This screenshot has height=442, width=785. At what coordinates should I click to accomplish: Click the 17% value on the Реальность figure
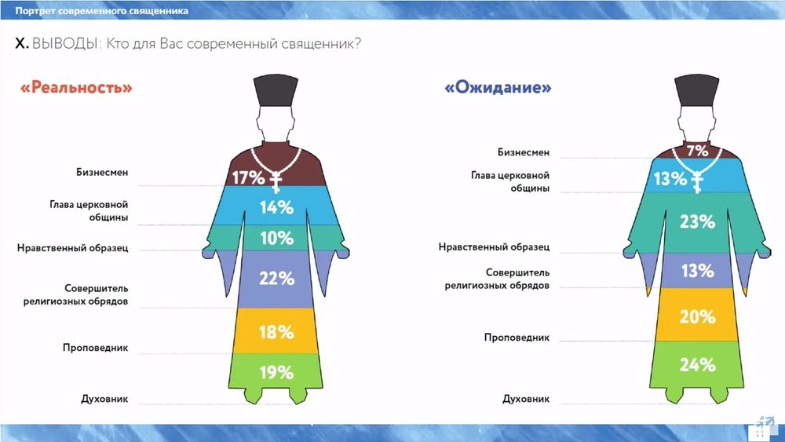coord(248,177)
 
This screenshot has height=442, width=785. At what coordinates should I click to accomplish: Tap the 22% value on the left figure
coord(276,279)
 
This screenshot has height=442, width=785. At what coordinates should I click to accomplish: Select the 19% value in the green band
coord(276,372)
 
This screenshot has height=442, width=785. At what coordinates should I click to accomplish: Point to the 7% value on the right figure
coord(697,150)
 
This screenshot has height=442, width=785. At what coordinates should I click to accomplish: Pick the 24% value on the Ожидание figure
coord(697,365)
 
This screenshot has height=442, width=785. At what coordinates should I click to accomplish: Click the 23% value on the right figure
coord(697,221)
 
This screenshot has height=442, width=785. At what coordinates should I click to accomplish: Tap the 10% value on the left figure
coord(276,238)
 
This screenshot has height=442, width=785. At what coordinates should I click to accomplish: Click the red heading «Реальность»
coord(76,88)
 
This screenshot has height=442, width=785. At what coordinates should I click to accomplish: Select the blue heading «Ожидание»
coord(498,88)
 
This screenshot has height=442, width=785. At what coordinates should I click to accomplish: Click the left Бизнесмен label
coord(102,172)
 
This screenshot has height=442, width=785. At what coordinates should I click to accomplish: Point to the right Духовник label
coord(526,399)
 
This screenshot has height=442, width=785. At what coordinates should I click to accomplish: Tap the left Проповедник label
coord(95,347)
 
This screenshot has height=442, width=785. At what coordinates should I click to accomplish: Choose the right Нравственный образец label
coord(494,247)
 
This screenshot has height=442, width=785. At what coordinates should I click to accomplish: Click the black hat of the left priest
coord(276,90)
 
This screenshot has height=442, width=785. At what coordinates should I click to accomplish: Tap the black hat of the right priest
coord(697,90)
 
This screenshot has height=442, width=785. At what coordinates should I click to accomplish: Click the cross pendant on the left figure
coord(276,182)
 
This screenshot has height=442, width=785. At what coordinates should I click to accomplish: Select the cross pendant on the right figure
coord(697,182)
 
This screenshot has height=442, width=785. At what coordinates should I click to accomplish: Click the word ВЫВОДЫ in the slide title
coord(64,44)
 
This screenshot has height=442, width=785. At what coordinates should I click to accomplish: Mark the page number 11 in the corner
coord(759,433)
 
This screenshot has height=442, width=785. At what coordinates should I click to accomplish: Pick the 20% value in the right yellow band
coord(697,317)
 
